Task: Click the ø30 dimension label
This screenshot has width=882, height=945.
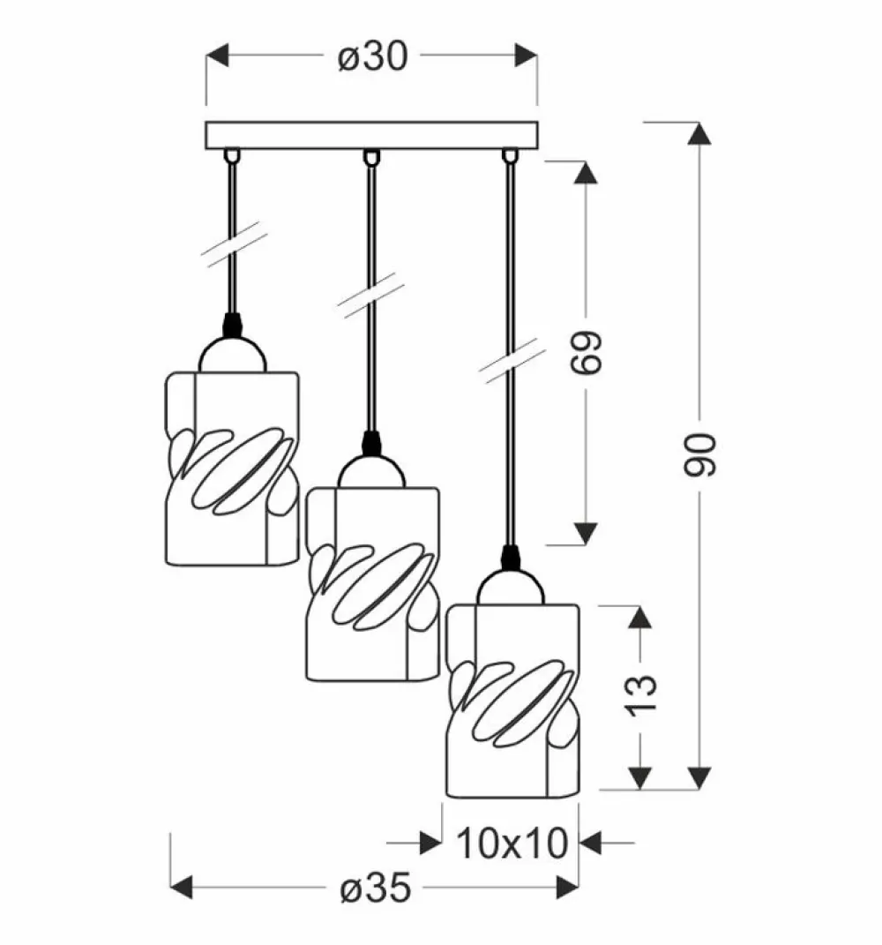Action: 371,59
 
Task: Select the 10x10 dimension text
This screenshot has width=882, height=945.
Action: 512,844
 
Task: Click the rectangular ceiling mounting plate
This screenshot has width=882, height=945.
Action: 371,135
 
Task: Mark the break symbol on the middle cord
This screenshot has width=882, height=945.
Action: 371,293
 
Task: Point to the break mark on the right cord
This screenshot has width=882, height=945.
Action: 510,357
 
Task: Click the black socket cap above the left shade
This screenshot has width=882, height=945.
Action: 232,324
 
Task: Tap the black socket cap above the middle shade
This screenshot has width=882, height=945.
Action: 371,441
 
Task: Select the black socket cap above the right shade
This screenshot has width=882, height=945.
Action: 509,558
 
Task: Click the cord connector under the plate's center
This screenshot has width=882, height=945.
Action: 371,157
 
